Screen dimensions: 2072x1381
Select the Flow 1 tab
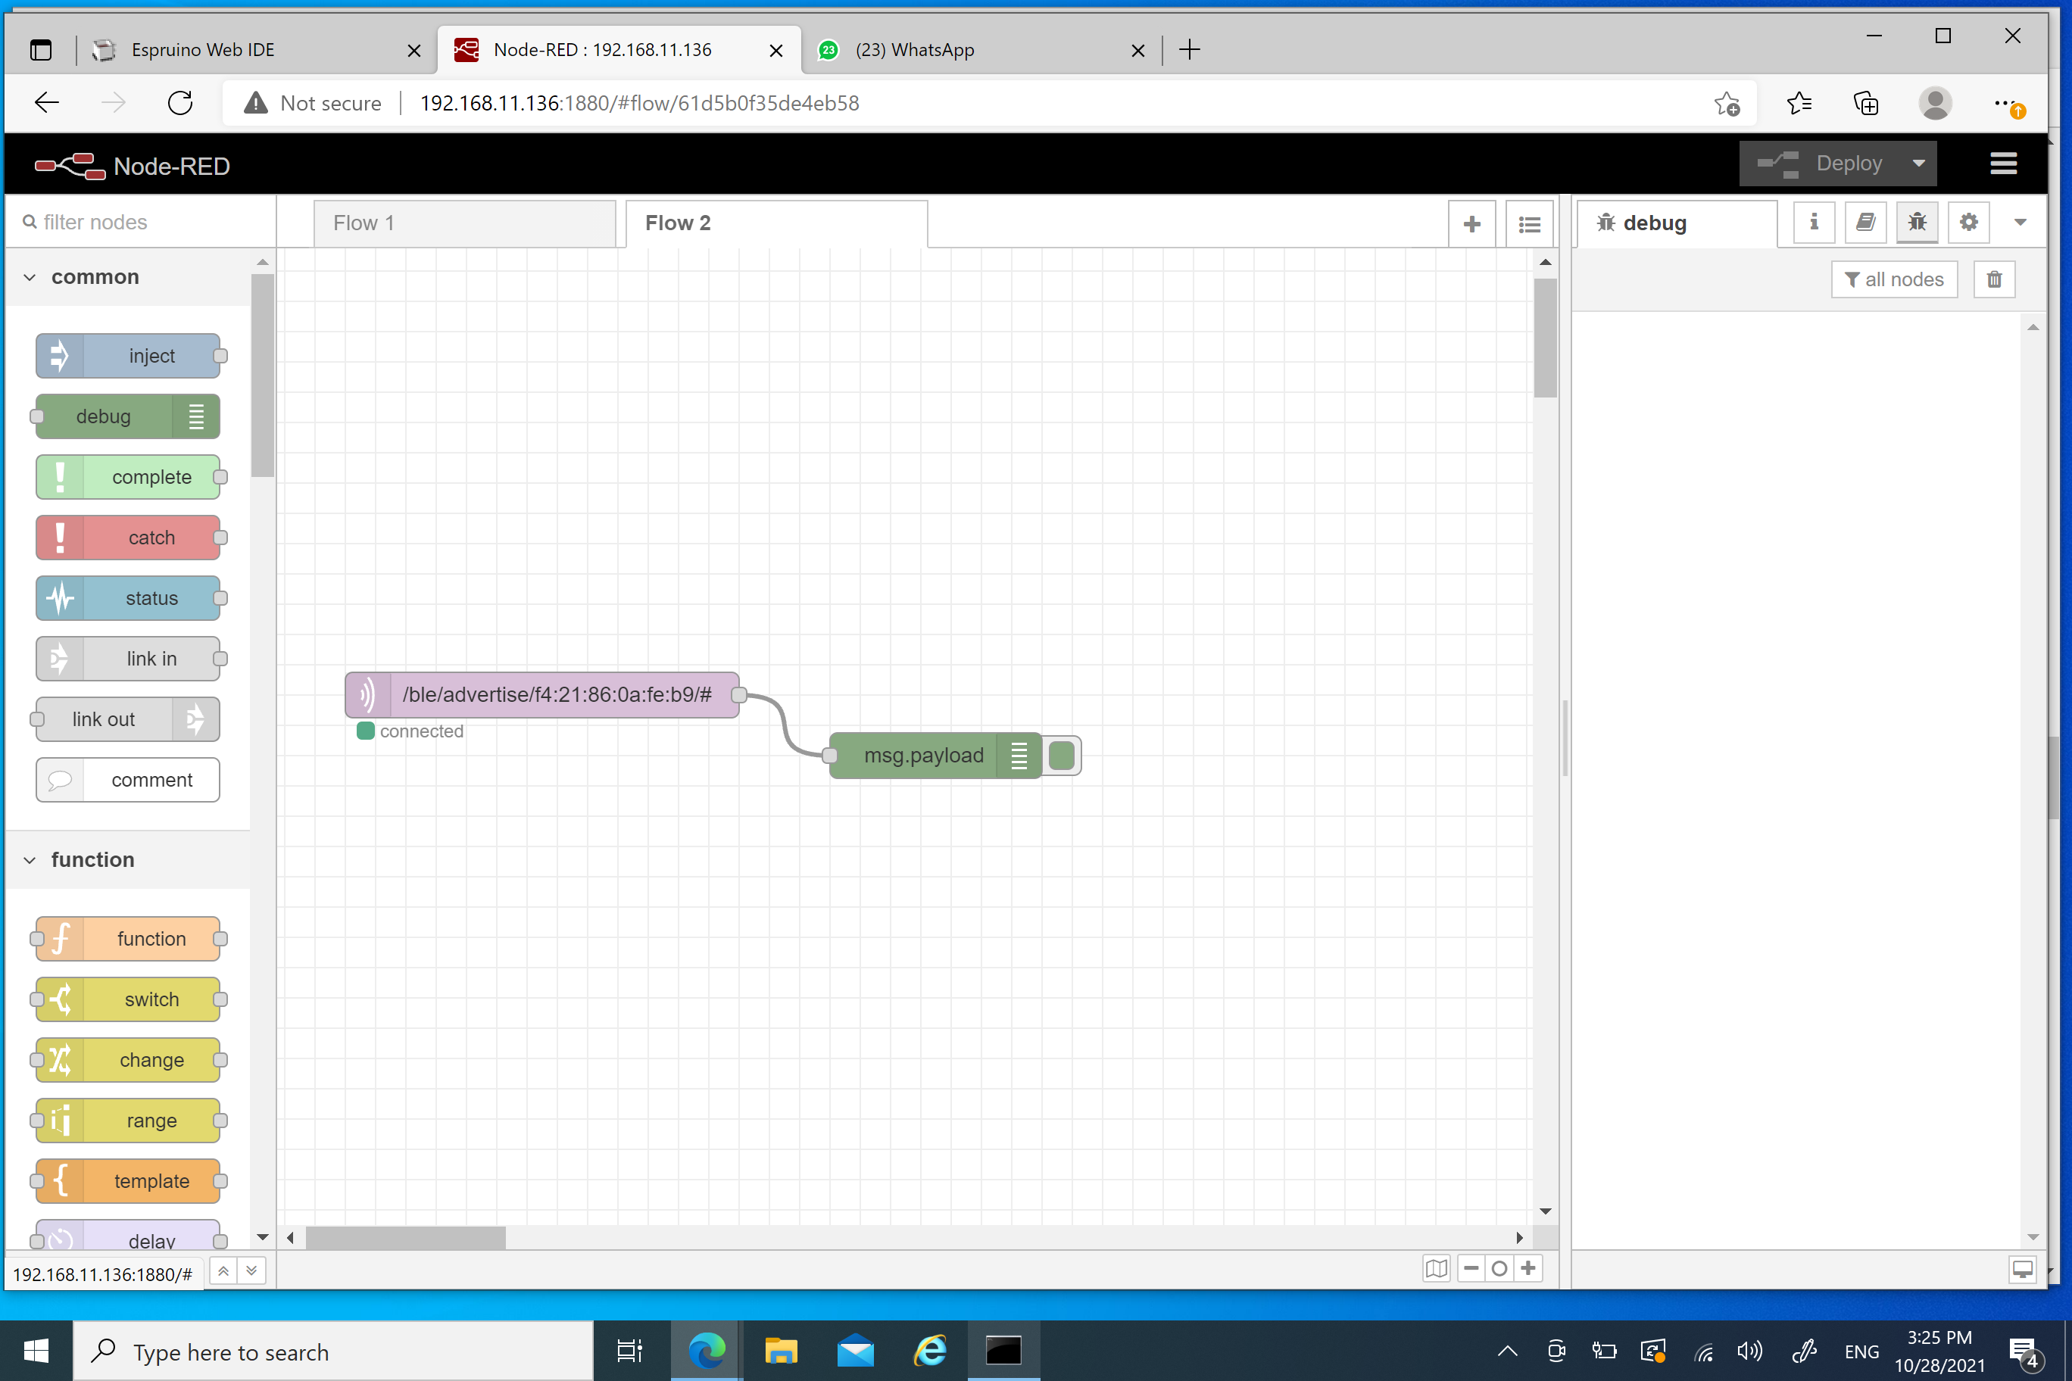[464, 223]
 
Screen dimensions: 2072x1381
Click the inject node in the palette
[129, 356]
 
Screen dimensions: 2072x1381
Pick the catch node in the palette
[129, 538]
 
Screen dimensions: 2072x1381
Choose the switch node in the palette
[129, 999]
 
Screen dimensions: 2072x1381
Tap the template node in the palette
[129, 1181]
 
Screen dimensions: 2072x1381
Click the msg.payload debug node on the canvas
[935, 756]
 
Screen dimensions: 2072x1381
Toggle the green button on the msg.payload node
[1062, 756]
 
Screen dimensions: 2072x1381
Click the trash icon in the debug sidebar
[1995, 280]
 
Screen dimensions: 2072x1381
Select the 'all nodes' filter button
[1894, 280]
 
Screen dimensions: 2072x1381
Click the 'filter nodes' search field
[141, 222]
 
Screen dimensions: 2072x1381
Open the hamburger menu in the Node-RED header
[2003, 164]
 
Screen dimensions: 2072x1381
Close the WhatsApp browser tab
[1138, 51]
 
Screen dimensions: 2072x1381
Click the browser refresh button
[180, 103]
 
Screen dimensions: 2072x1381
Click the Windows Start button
[36, 1351]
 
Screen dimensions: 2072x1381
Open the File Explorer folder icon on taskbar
[781, 1351]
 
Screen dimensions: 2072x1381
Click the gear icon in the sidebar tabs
[1969, 223]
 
